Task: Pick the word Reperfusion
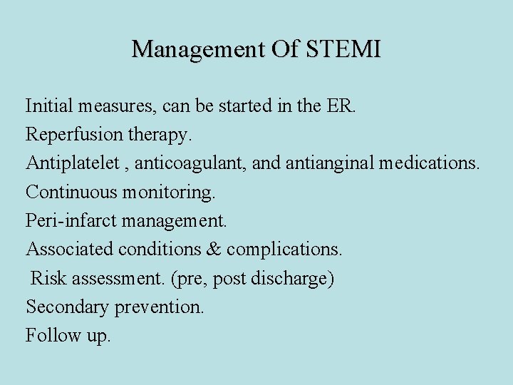(71, 135)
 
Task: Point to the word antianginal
(330, 163)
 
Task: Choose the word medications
(430, 163)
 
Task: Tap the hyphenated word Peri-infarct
(71, 221)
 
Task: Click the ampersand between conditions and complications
(214, 249)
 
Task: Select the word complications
(284, 250)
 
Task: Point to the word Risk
(46, 278)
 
